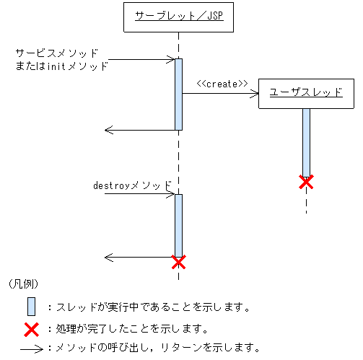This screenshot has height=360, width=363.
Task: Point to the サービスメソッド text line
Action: pos(56,53)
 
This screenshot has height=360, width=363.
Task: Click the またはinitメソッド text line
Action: pos(61,66)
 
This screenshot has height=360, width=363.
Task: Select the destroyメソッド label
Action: pos(134,185)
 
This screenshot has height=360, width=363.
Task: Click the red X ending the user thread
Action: pos(306,182)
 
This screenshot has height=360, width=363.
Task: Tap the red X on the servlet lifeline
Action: pos(178,261)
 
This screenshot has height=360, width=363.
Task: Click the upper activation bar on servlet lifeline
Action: pos(178,94)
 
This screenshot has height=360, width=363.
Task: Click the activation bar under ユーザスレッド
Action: pos(306,141)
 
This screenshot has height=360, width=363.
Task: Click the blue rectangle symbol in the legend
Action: pos(31,307)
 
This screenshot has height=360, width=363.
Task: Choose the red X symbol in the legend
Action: pos(31,330)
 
